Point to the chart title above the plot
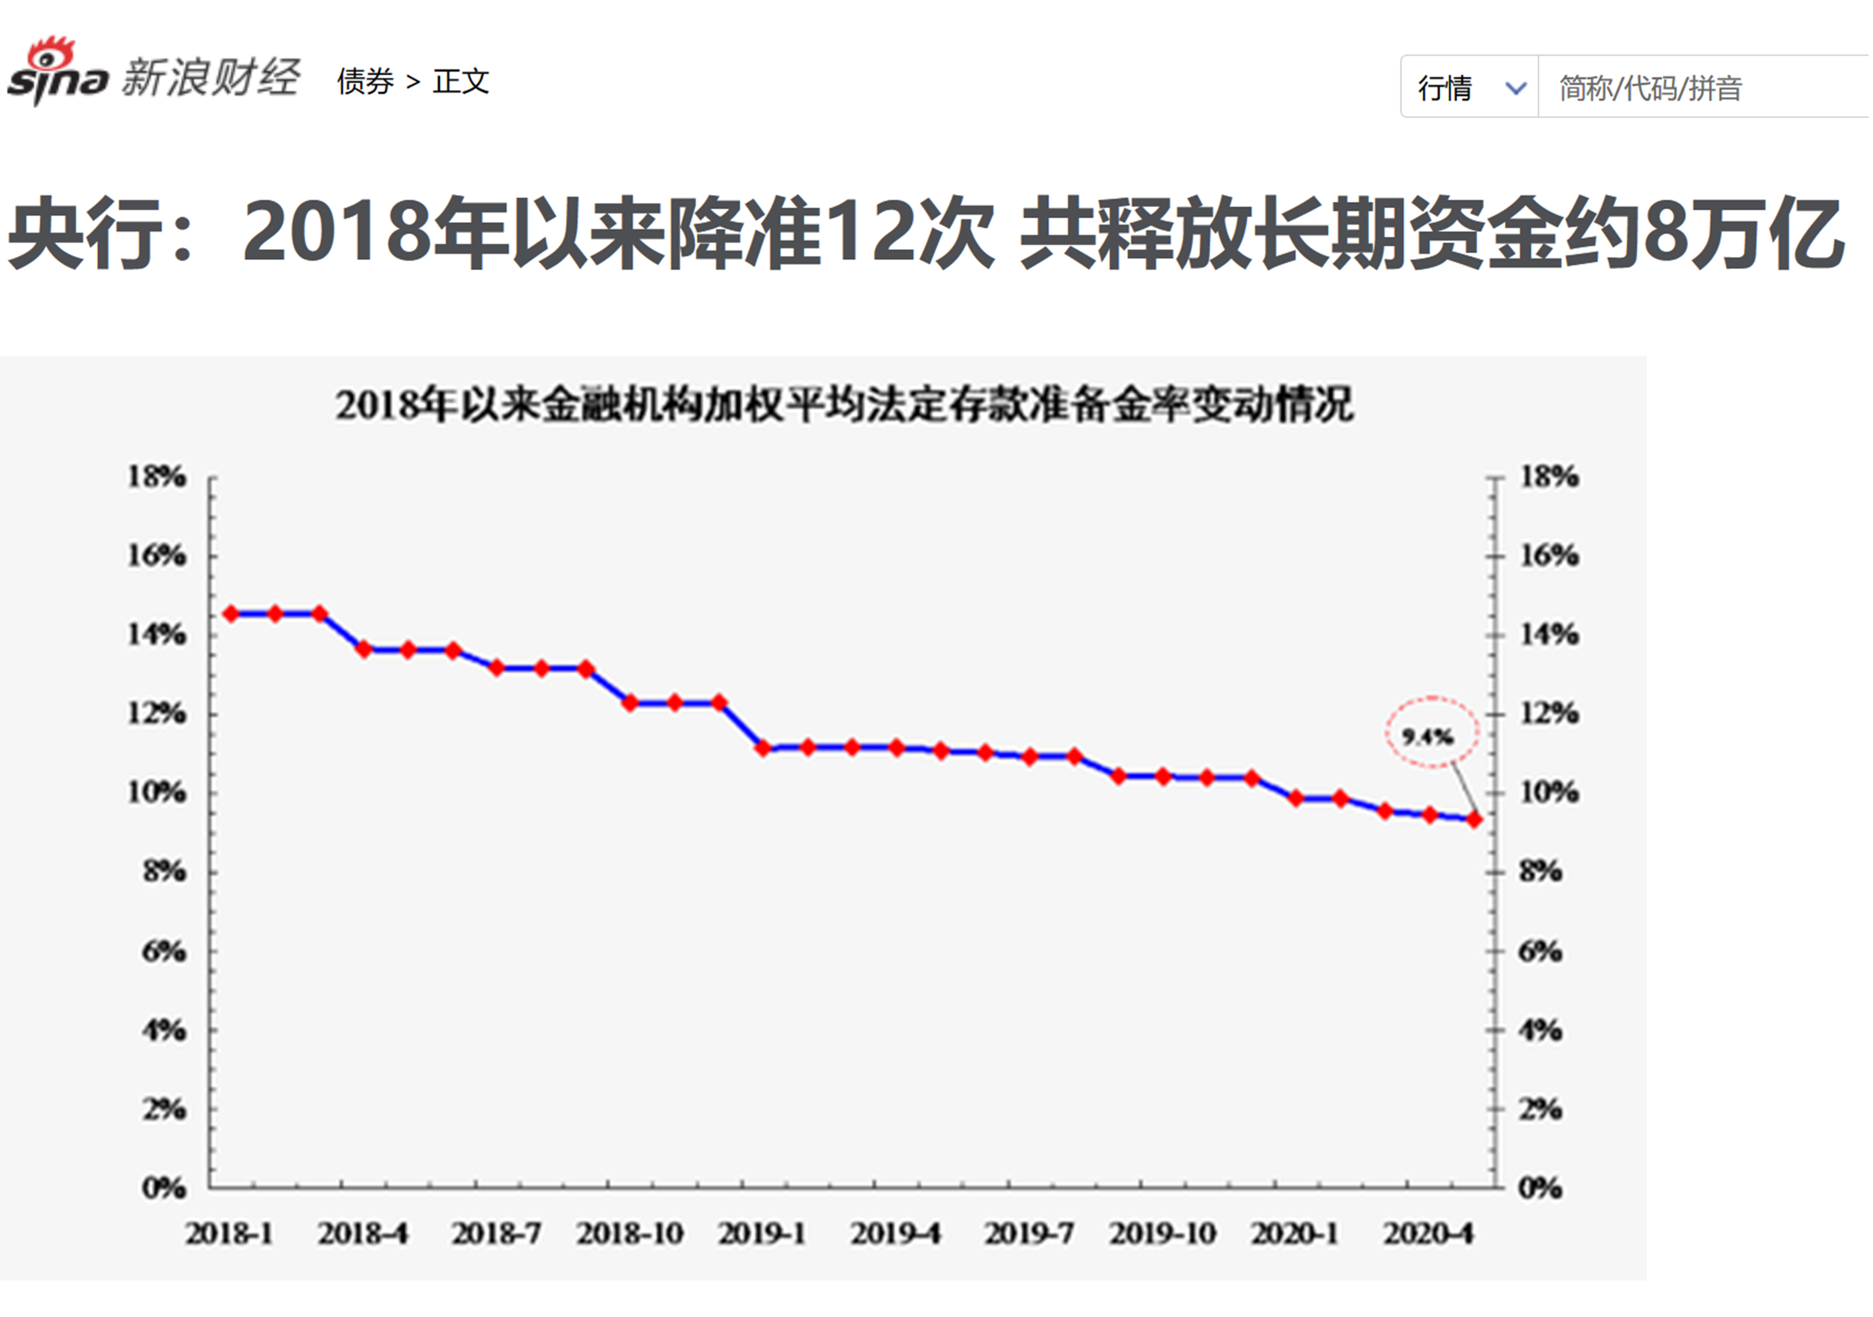coord(844,405)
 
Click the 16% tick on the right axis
coord(1548,556)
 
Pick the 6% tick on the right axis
coord(1540,951)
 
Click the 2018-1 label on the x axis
coord(229,1234)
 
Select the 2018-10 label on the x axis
coord(630,1234)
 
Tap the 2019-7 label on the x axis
coord(1029,1234)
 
